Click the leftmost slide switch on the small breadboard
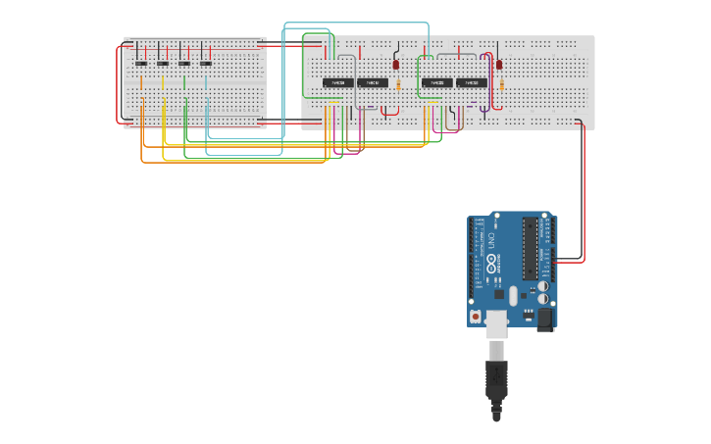[141, 64]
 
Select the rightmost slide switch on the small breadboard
[206, 64]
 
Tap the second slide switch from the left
[163, 64]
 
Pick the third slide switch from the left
[184, 64]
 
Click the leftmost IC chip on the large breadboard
[338, 83]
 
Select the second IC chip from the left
[372, 83]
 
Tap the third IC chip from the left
[437, 83]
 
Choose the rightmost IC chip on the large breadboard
[471, 83]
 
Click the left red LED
[396, 65]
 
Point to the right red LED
[499, 65]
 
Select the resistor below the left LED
[398, 86]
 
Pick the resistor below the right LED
[501, 86]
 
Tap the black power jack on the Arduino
[545, 320]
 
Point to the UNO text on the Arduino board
[491, 239]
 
